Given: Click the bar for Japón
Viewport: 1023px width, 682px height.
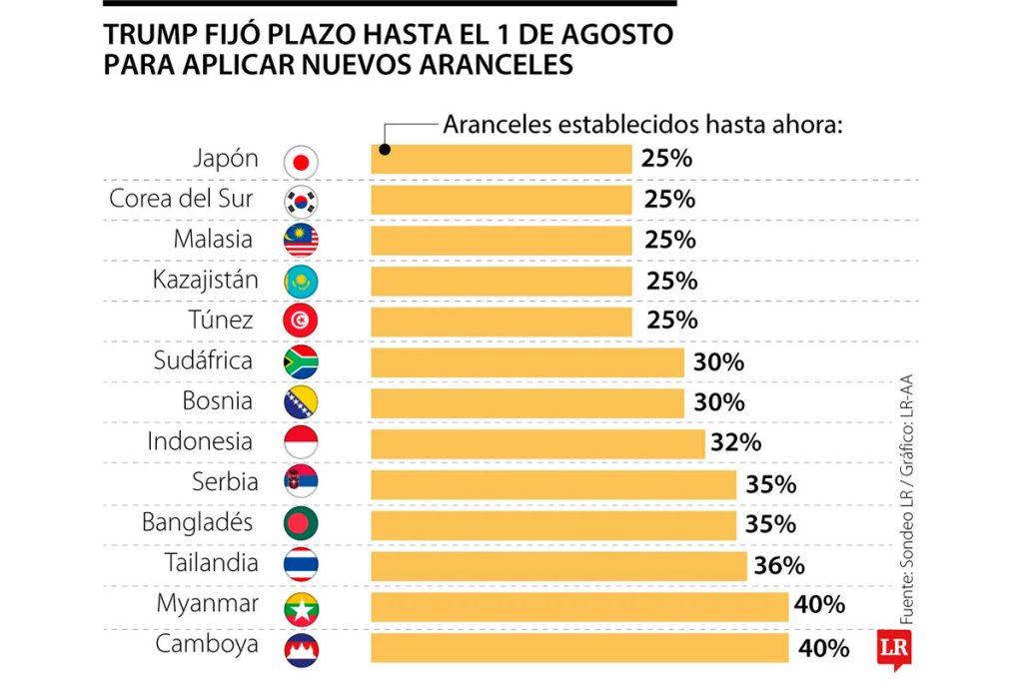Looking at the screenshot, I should tap(502, 160).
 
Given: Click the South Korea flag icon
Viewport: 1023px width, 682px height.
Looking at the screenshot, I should tap(301, 201).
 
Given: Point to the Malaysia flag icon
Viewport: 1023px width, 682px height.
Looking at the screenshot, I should tap(301, 241).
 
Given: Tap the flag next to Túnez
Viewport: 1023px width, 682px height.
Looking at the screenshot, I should tap(301, 322).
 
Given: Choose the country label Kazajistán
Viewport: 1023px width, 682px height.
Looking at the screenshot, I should tap(205, 281).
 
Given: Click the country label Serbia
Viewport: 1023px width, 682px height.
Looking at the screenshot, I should tap(225, 482).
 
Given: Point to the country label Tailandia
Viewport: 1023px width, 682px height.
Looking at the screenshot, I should tap(211, 563).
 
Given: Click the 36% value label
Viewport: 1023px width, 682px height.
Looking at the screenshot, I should tap(779, 565).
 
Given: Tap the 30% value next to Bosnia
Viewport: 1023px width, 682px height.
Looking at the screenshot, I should tap(718, 403).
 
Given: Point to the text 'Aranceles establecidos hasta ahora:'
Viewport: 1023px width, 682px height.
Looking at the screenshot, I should tap(643, 127).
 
